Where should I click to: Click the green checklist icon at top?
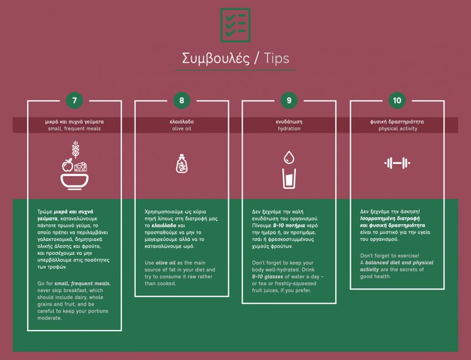pos(235,25)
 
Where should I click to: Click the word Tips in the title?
pos(277,58)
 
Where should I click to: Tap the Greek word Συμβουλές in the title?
pos(216,59)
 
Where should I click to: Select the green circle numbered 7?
pos(74,100)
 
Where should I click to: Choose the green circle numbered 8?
pos(182,100)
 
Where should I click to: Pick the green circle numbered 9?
pos(289,100)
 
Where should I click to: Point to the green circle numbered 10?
pos(397,100)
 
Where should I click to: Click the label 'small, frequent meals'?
pos(74,128)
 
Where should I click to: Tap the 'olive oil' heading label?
pos(182,128)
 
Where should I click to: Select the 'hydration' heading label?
pos(289,128)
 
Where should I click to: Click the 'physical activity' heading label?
pos(398,128)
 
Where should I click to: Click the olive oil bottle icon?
pos(182,163)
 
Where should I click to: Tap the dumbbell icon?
pos(397,163)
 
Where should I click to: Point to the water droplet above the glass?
pos(289,157)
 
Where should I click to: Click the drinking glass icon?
pos(289,178)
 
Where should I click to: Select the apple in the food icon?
pos(68,166)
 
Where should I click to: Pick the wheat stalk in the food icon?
pos(75,149)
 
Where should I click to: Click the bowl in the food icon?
pos(74,182)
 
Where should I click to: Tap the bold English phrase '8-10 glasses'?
pos(267,276)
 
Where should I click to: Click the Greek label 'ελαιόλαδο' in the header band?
pos(182,122)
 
